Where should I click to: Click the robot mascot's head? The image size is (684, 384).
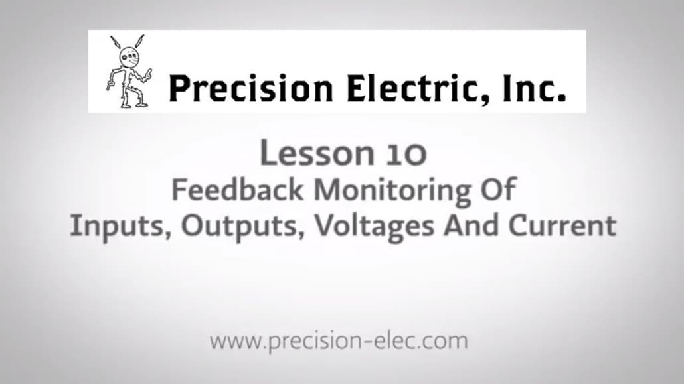tap(128, 58)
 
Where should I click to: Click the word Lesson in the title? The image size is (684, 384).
tap(306, 153)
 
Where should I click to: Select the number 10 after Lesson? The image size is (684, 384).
tap(404, 154)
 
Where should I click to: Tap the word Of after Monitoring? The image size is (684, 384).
tap(497, 190)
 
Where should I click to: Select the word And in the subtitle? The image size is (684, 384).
tap(471, 226)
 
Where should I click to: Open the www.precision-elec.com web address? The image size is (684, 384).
tap(339, 342)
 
